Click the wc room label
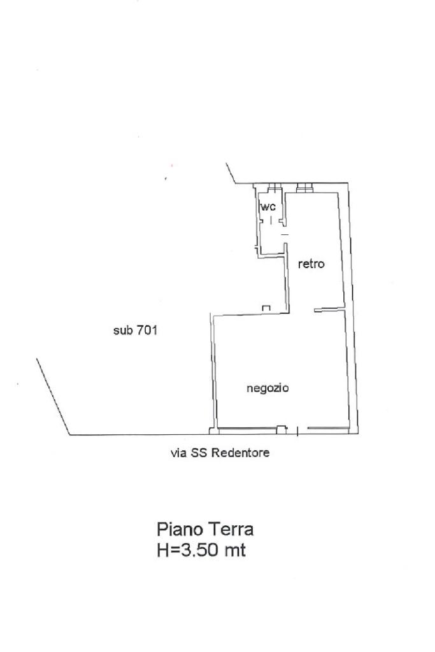tap(268, 207)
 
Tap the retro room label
tap(311, 264)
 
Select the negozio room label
tap(267, 388)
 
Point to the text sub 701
tap(135, 330)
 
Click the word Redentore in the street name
tap(240, 453)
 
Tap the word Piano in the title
tap(180, 530)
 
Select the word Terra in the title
tap(231, 530)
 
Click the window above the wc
tap(275, 188)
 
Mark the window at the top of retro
tap(305, 188)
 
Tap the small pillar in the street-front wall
tap(282, 429)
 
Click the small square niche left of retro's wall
tap(266, 308)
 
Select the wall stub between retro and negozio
tap(330, 309)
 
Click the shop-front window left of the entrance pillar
tap(248, 429)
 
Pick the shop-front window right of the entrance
tap(328, 429)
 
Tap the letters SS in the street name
tap(199, 453)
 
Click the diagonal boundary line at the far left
tap(53, 397)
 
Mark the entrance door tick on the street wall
tap(298, 431)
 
